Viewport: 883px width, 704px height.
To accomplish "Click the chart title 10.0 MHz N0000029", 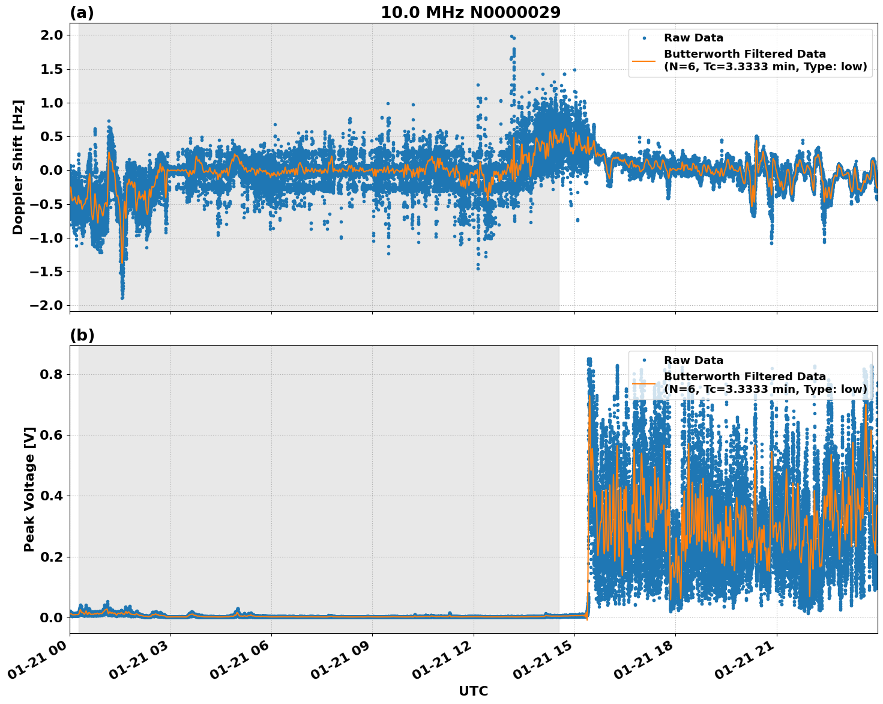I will [x=470, y=13].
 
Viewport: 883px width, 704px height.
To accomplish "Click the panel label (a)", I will [x=82, y=13].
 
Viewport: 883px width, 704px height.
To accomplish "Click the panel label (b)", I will [x=82, y=335].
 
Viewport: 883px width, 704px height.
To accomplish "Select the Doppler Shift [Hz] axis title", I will [x=19, y=167].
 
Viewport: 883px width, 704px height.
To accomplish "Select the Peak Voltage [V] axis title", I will [x=29, y=489].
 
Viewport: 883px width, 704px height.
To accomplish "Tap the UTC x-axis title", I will [x=473, y=691].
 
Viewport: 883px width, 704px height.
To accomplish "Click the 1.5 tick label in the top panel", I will [x=50, y=69].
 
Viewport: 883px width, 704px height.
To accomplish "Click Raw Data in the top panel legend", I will [x=693, y=38].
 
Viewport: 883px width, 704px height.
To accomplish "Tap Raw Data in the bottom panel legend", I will [x=693, y=360].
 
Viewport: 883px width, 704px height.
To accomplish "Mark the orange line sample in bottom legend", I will [x=643, y=383].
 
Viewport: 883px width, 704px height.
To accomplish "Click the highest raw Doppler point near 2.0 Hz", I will [x=511, y=37].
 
